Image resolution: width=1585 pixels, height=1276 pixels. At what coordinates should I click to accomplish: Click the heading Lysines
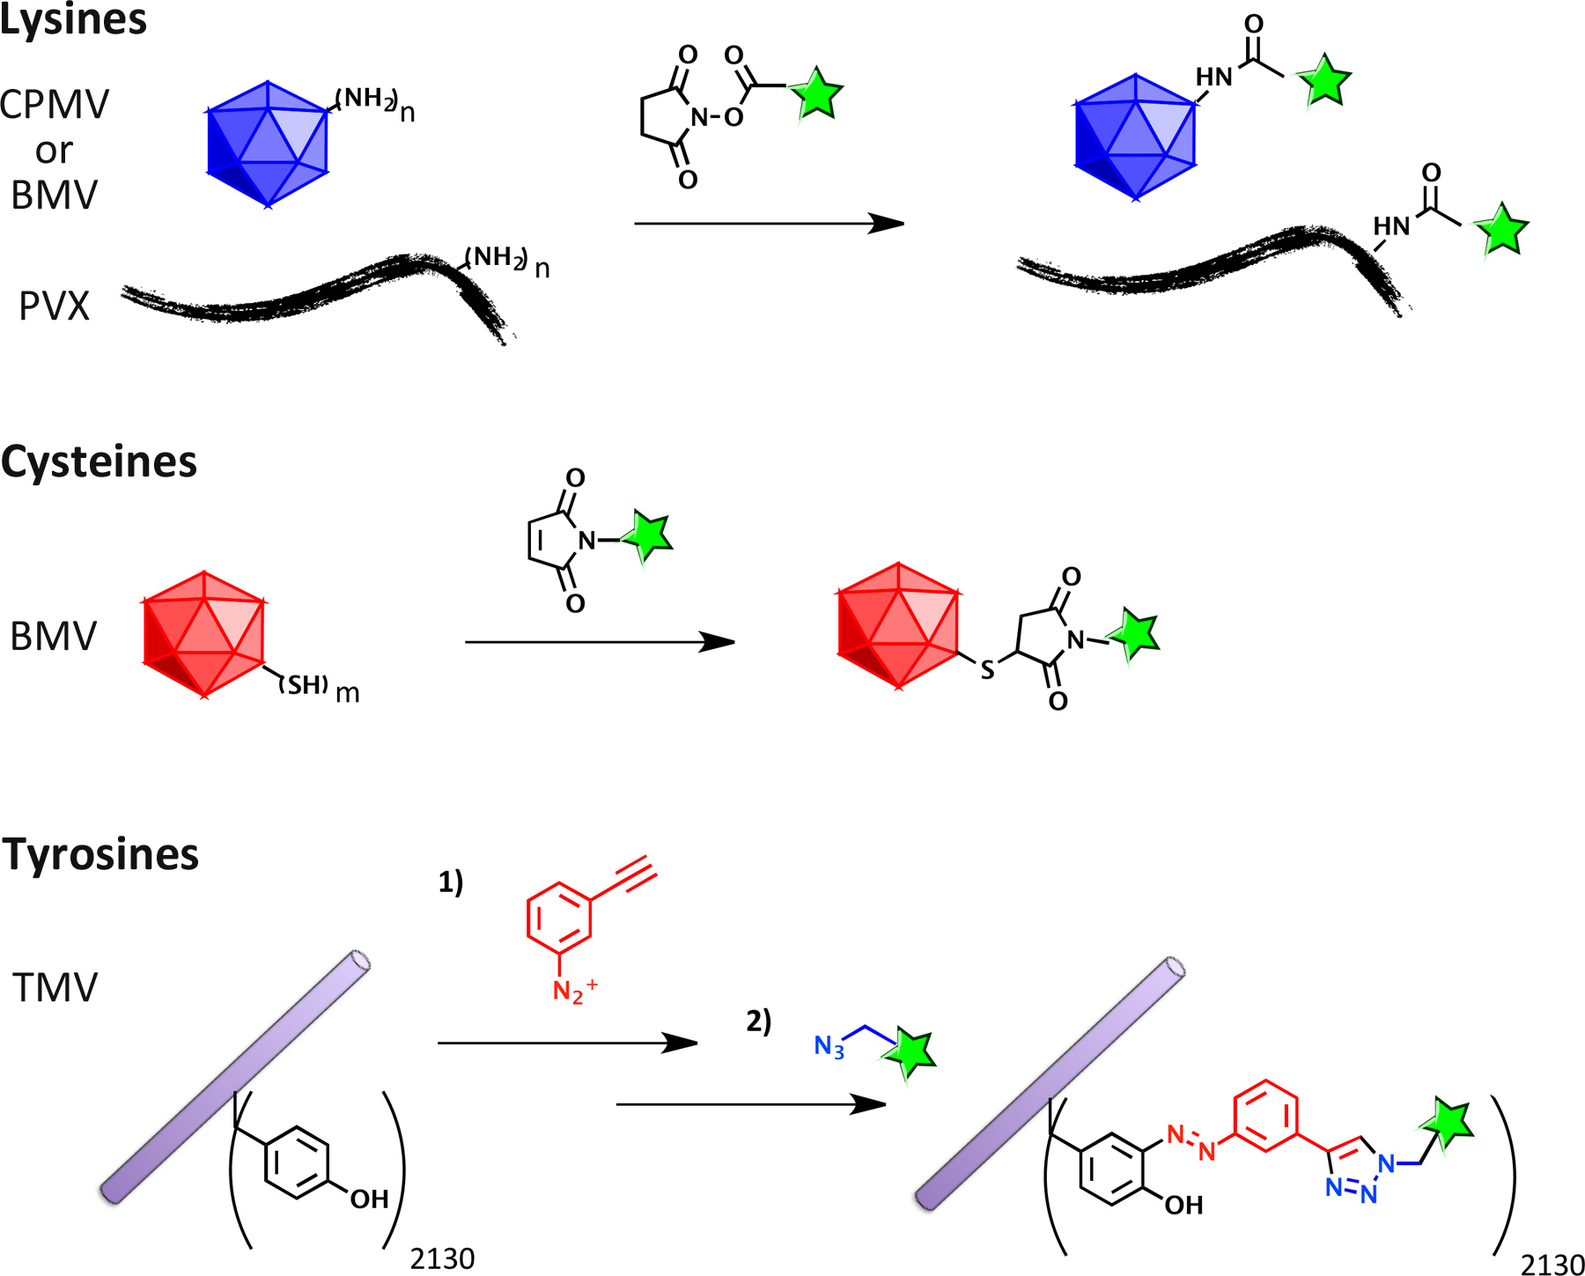pyautogui.click(x=73, y=19)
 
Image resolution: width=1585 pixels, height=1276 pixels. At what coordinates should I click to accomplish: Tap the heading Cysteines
pyautogui.click(x=99, y=461)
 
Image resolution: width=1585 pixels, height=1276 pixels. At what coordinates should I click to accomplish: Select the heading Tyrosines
pyautogui.click(x=100, y=854)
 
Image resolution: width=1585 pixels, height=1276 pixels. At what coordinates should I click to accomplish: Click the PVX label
pyautogui.click(x=55, y=306)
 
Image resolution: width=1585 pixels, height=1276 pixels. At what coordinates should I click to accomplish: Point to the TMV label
pyautogui.click(x=55, y=987)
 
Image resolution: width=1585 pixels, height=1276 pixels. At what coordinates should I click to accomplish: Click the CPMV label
pyautogui.click(x=55, y=105)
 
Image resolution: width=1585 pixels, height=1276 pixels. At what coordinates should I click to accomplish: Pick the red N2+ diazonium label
pyautogui.click(x=573, y=991)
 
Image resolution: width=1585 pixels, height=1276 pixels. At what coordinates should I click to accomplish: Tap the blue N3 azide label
pyautogui.click(x=829, y=1046)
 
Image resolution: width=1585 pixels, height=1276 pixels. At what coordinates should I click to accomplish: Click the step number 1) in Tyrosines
pyautogui.click(x=451, y=881)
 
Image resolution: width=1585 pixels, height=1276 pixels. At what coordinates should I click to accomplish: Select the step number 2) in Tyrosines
pyautogui.click(x=759, y=1022)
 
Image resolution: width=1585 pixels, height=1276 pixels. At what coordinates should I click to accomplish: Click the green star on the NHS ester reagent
pyautogui.click(x=816, y=93)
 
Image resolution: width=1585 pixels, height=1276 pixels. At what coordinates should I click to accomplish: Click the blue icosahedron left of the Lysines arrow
pyautogui.click(x=267, y=144)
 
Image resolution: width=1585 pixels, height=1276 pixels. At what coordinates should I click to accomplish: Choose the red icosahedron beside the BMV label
pyautogui.click(x=203, y=634)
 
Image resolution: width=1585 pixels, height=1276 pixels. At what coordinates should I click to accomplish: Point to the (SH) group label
pyautogui.click(x=305, y=684)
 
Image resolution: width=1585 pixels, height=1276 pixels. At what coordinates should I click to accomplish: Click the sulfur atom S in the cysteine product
pyautogui.click(x=987, y=671)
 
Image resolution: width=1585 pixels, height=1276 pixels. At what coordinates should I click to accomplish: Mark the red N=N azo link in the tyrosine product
pyautogui.click(x=1191, y=1141)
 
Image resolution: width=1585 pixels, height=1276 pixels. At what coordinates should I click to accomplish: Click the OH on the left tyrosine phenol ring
pyautogui.click(x=369, y=1199)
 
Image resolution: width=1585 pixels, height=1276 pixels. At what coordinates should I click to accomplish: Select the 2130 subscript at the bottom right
pyautogui.click(x=1552, y=1264)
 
